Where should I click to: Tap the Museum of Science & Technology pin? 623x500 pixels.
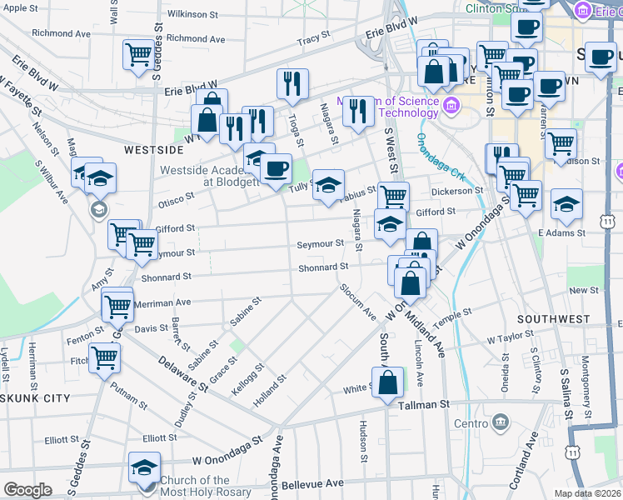click(x=452, y=104)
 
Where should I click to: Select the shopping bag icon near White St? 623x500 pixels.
click(x=388, y=383)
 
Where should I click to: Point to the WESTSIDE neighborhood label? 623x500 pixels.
click(x=152, y=150)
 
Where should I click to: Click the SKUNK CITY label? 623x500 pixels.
click(x=34, y=398)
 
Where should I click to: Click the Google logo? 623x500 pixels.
click(x=27, y=490)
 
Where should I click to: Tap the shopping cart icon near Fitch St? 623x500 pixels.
click(x=105, y=358)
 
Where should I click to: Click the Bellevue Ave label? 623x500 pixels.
click(x=313, y=483)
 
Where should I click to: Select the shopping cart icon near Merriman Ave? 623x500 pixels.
click(x=117, y=305)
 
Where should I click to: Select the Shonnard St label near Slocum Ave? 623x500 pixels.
click(x=323, y=267)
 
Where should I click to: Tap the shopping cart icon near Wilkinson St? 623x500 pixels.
click(x=138, y=55)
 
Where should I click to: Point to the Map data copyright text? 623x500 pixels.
click(x=588, y=493)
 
